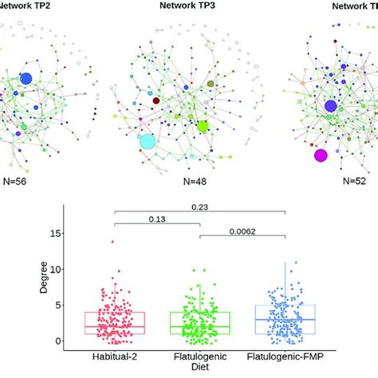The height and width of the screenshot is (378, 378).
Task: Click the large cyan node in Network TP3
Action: (148, 142)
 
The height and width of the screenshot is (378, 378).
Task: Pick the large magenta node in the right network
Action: (321, 156)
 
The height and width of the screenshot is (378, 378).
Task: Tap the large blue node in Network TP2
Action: (26, 78)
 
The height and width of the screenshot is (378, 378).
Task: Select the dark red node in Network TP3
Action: (156, 101)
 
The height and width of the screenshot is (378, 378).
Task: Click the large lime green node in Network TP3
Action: (203, 126)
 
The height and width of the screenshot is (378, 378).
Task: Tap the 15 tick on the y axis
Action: (73, 234)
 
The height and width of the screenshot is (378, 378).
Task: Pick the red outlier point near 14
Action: (113, 242)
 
